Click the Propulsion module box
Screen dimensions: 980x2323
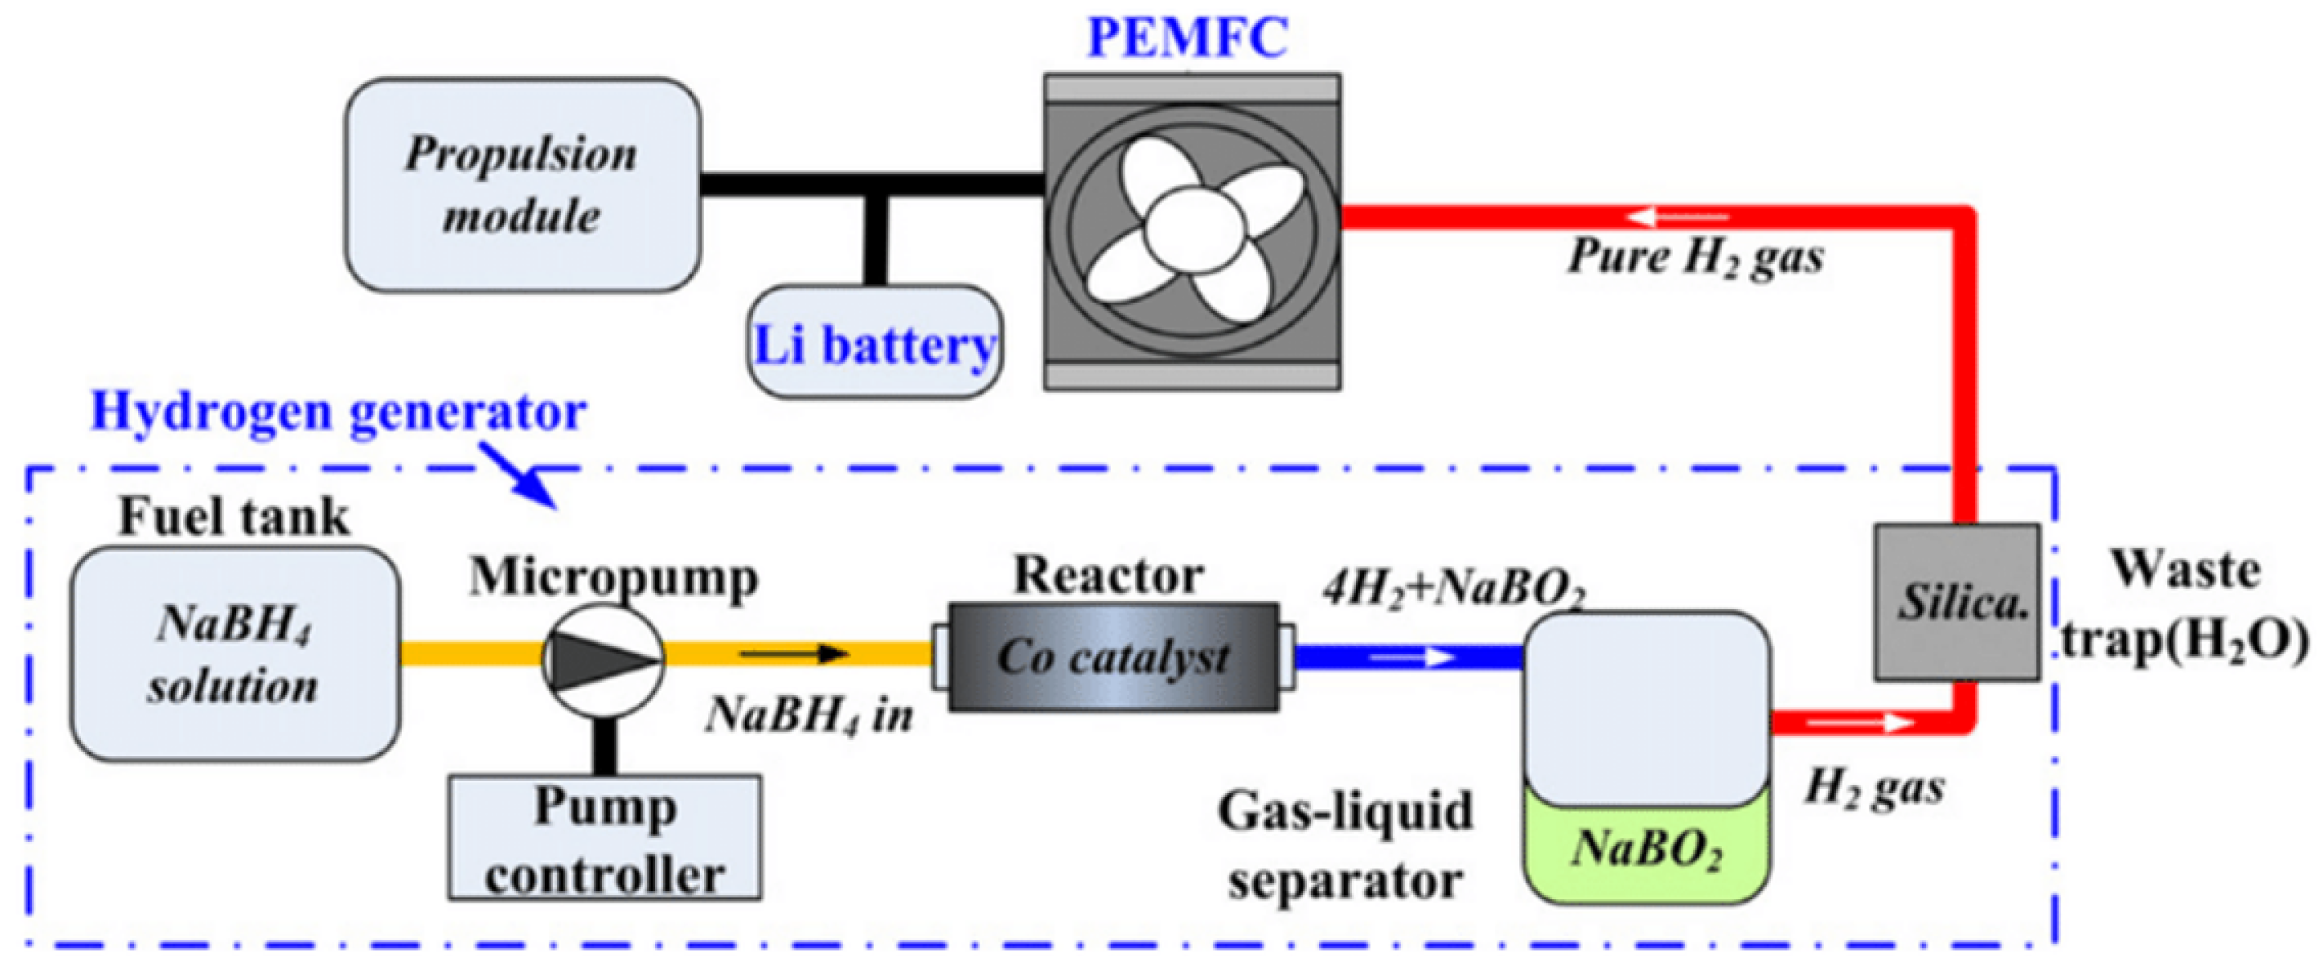(x=522, y=185)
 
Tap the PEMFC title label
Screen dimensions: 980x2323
(x=1188, y=38)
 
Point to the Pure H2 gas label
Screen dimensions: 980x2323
(x=1696, y=257)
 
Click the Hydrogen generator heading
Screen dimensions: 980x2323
(x=338, y=412)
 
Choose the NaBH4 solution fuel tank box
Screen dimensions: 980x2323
(x=234, y=653)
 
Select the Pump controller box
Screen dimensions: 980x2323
(x=604, y=839)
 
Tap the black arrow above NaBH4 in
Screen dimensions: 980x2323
(x=794, y=653)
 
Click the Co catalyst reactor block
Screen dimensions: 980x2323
(x=1113, y=657)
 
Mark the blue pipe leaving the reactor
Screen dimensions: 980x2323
(x=1407, y=657)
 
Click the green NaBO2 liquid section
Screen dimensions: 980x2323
(x=1647, y=852)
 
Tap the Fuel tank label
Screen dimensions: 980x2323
(x=234, y=518)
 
